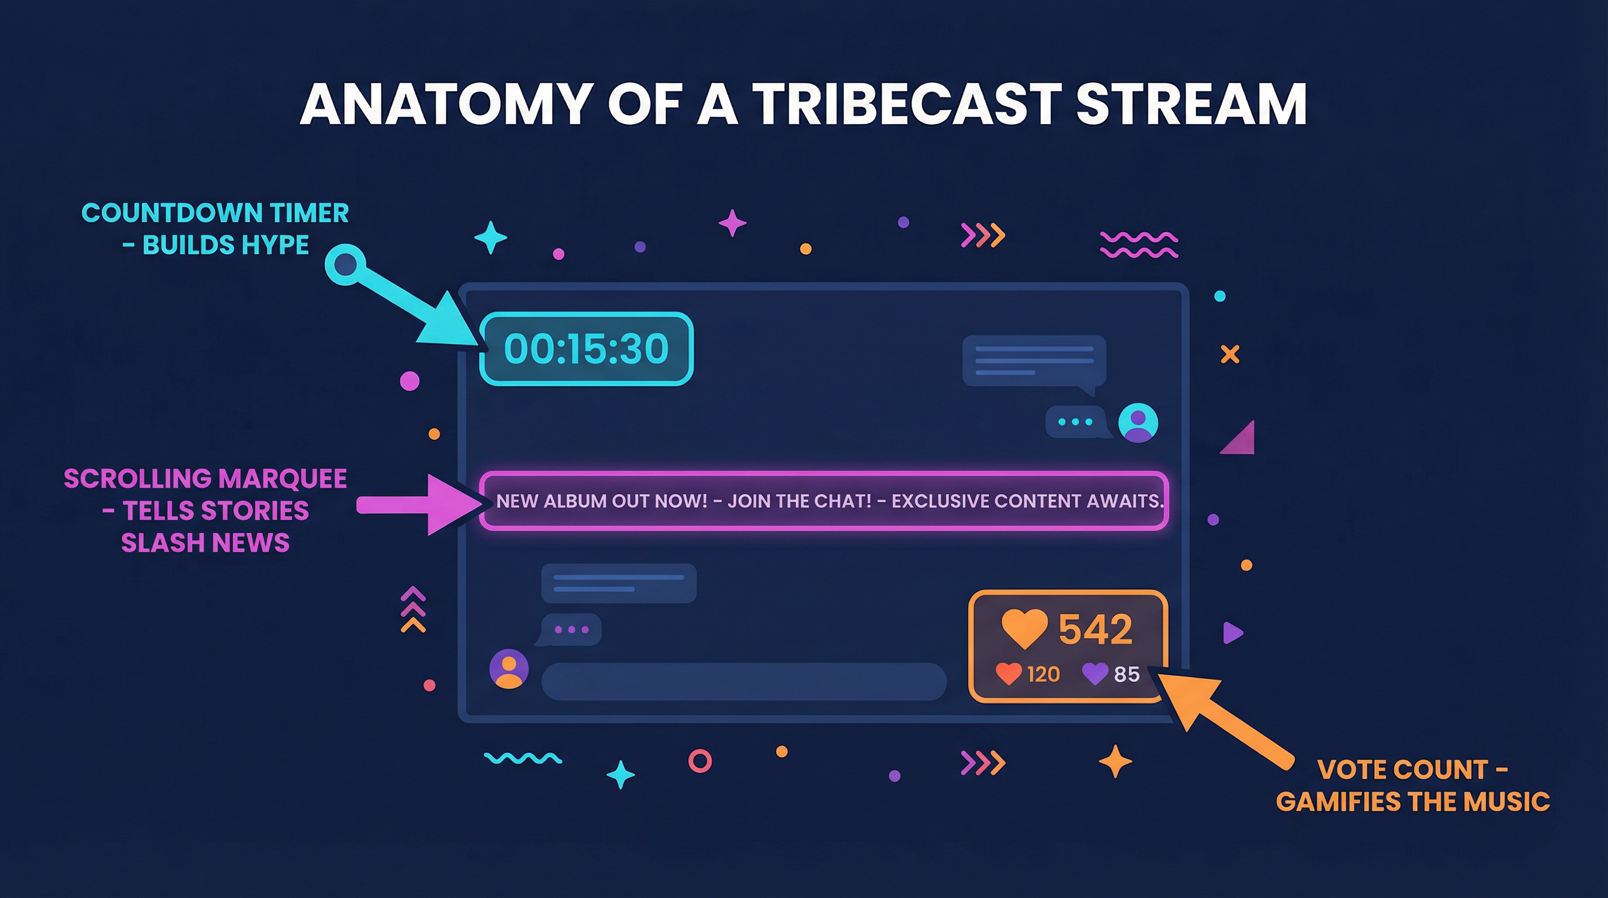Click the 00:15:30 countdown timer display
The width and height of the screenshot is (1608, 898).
585,348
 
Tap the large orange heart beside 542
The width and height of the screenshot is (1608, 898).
1024,628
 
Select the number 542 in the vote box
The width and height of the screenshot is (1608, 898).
1095,629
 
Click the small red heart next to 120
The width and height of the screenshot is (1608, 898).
1008,674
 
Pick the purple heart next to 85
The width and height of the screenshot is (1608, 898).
1094,674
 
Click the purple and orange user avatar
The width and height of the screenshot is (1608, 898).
509,669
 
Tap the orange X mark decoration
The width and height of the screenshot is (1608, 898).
1230,354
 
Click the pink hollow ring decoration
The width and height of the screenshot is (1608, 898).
700,761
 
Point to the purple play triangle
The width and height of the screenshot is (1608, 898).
1232,633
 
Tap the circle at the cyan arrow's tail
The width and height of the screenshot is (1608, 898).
345,265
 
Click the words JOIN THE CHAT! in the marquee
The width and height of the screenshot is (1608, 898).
799,501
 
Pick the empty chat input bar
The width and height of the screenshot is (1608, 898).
743,681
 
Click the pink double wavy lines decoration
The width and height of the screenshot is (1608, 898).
1138,245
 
